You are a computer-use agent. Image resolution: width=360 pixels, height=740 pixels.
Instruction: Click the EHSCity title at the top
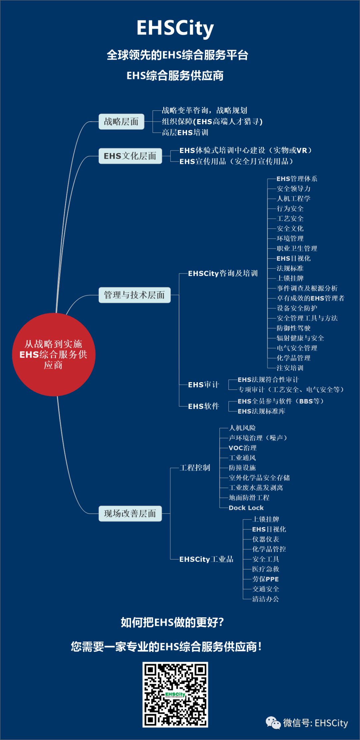pyautogui.click(x=175, y=28)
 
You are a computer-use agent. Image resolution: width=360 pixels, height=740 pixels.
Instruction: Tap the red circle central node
pyautogui.click(x=54, y=355)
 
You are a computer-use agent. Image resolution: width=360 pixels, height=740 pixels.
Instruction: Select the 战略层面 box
pyautogui.click(x=121, y=122)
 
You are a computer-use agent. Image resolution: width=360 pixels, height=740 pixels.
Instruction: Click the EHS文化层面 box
pyautogui.click(x=130, y=156)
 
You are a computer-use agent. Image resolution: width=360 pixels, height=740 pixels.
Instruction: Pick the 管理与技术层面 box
pyautogui.click(x=134, y=295)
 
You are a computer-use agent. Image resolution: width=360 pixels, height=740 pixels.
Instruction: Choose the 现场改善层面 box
pyautogui.click(x=130, y=513)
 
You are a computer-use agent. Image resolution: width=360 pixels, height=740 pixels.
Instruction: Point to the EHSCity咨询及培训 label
pyautogui.click(x=223, y=274)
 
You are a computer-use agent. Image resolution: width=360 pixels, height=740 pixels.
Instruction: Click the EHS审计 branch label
pyautogui.click(x=203, y=385)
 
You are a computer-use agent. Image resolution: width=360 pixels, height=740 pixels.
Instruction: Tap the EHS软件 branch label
pyautogui.click(x=203, y=406)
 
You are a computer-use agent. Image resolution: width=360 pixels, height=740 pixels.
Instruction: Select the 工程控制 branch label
pyautogui.click(x=195, y=468)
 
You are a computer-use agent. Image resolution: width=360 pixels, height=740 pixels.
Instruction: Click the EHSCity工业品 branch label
pyautogui.click(x=206, y=559)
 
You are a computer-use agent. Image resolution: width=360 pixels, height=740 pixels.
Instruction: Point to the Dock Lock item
pyautogui.click(x=246, y=508)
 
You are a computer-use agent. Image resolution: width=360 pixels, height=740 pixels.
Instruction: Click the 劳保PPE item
pyautogui.click(x=265, y=579)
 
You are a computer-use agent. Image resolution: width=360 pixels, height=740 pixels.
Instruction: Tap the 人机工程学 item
pyautogui.click(x=293, y=199)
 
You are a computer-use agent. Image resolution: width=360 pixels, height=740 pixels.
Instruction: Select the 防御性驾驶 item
pyautogui.click(x=293, y=328)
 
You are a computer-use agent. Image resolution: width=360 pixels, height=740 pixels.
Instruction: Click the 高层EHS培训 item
pyautogui.click(x=185, y=133)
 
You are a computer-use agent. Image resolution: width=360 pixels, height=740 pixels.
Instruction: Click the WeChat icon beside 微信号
pyautogui.click(x=273, y=723)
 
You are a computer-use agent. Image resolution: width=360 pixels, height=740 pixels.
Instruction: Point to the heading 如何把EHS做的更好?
pyautogui.click(x=172, y=622)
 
